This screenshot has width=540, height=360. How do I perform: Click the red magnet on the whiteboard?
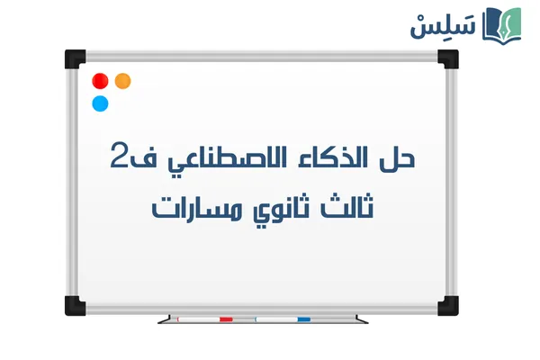[x=101, y=81]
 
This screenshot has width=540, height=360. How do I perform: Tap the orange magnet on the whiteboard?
[x=122, y=81]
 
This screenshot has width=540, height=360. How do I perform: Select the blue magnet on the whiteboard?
[x=101, y=103]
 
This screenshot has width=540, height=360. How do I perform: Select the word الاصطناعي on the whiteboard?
[x=221, y=162]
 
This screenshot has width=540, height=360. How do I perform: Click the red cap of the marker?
[x=226, y=319]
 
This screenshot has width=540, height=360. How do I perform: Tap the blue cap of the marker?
[x=303, y=319]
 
